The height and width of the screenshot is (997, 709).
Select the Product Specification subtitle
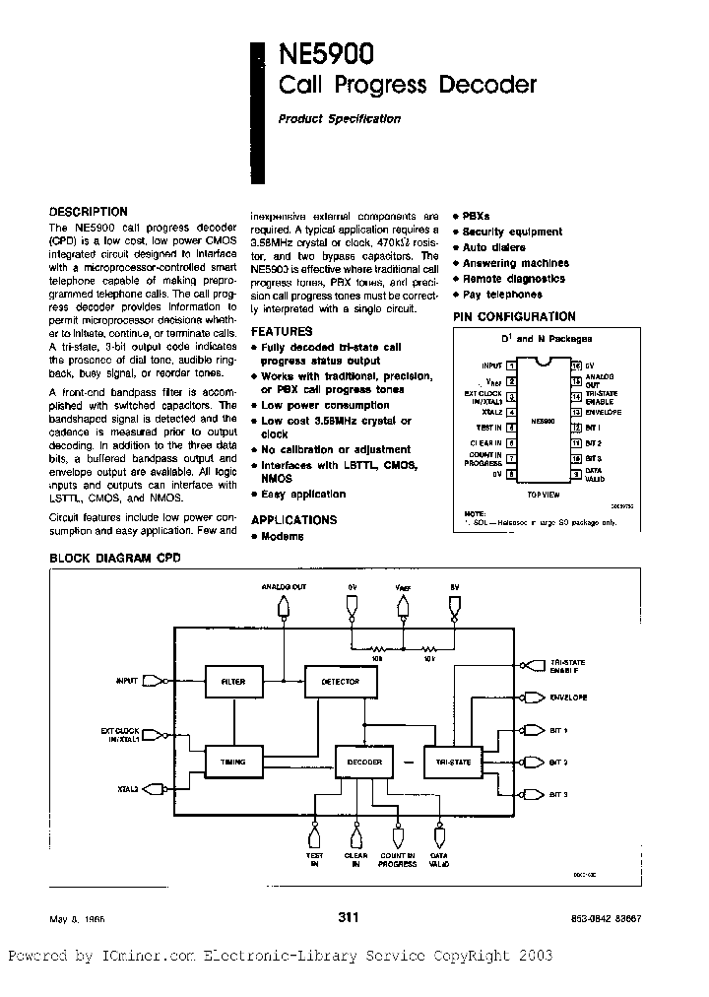pos(339,119)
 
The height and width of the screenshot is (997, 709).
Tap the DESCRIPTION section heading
pos(89,211)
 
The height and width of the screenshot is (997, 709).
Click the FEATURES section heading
pos(282,332)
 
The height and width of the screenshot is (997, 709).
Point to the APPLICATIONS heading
pos(293,519)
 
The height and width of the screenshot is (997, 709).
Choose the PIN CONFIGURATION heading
pos(514,316)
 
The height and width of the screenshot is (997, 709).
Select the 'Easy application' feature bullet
pos(303,496)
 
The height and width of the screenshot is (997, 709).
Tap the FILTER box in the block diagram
pos(233,681)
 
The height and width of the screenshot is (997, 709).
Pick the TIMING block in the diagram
pos(233,761)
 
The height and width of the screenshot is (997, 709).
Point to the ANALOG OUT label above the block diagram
pos(284,587)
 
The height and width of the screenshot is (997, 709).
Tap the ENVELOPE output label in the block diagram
pos(569,698)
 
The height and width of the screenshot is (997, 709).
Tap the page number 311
pos(349,917)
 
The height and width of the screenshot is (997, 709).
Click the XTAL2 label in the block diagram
pos(129,788)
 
